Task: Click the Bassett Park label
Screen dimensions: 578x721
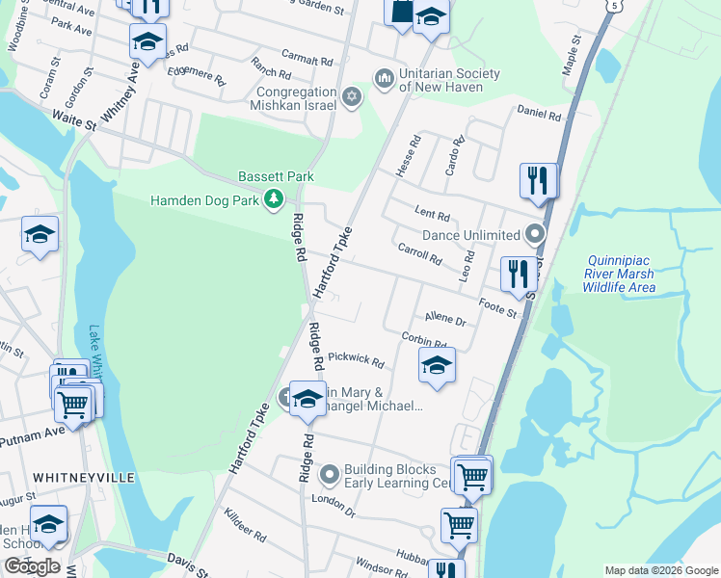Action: click(x=277, y=177)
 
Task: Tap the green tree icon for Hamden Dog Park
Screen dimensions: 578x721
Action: click(x=275, y=199)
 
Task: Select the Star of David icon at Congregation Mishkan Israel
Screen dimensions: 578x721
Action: click(x=352, y=97)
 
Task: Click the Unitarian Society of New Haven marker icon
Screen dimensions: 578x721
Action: click(x=384, y=76)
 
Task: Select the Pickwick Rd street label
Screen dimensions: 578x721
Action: click(x=356, y=359)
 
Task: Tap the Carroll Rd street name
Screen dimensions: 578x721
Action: click(x=419, y=253)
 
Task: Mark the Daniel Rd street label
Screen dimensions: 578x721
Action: click(x=539, y=113)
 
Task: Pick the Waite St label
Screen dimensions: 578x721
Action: click(x=75, y=124)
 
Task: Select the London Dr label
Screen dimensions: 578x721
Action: click(x=334, y=500)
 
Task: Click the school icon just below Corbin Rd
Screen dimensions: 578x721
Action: click(x=437, y=365)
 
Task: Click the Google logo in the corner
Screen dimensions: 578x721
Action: click(x=32, y=566)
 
